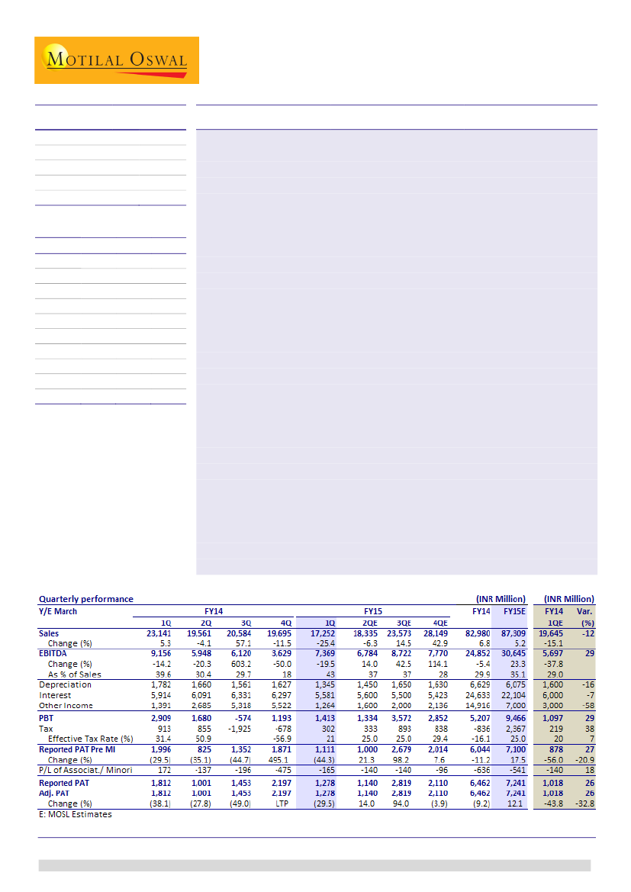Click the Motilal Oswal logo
(117, 60)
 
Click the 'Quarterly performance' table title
(85, 599)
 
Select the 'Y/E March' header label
(58, 611)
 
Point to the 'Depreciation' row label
(65, 685)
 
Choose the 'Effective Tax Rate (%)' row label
(90, 739)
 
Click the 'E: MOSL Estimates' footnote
(75, 814)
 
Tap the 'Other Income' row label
(66, 706)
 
